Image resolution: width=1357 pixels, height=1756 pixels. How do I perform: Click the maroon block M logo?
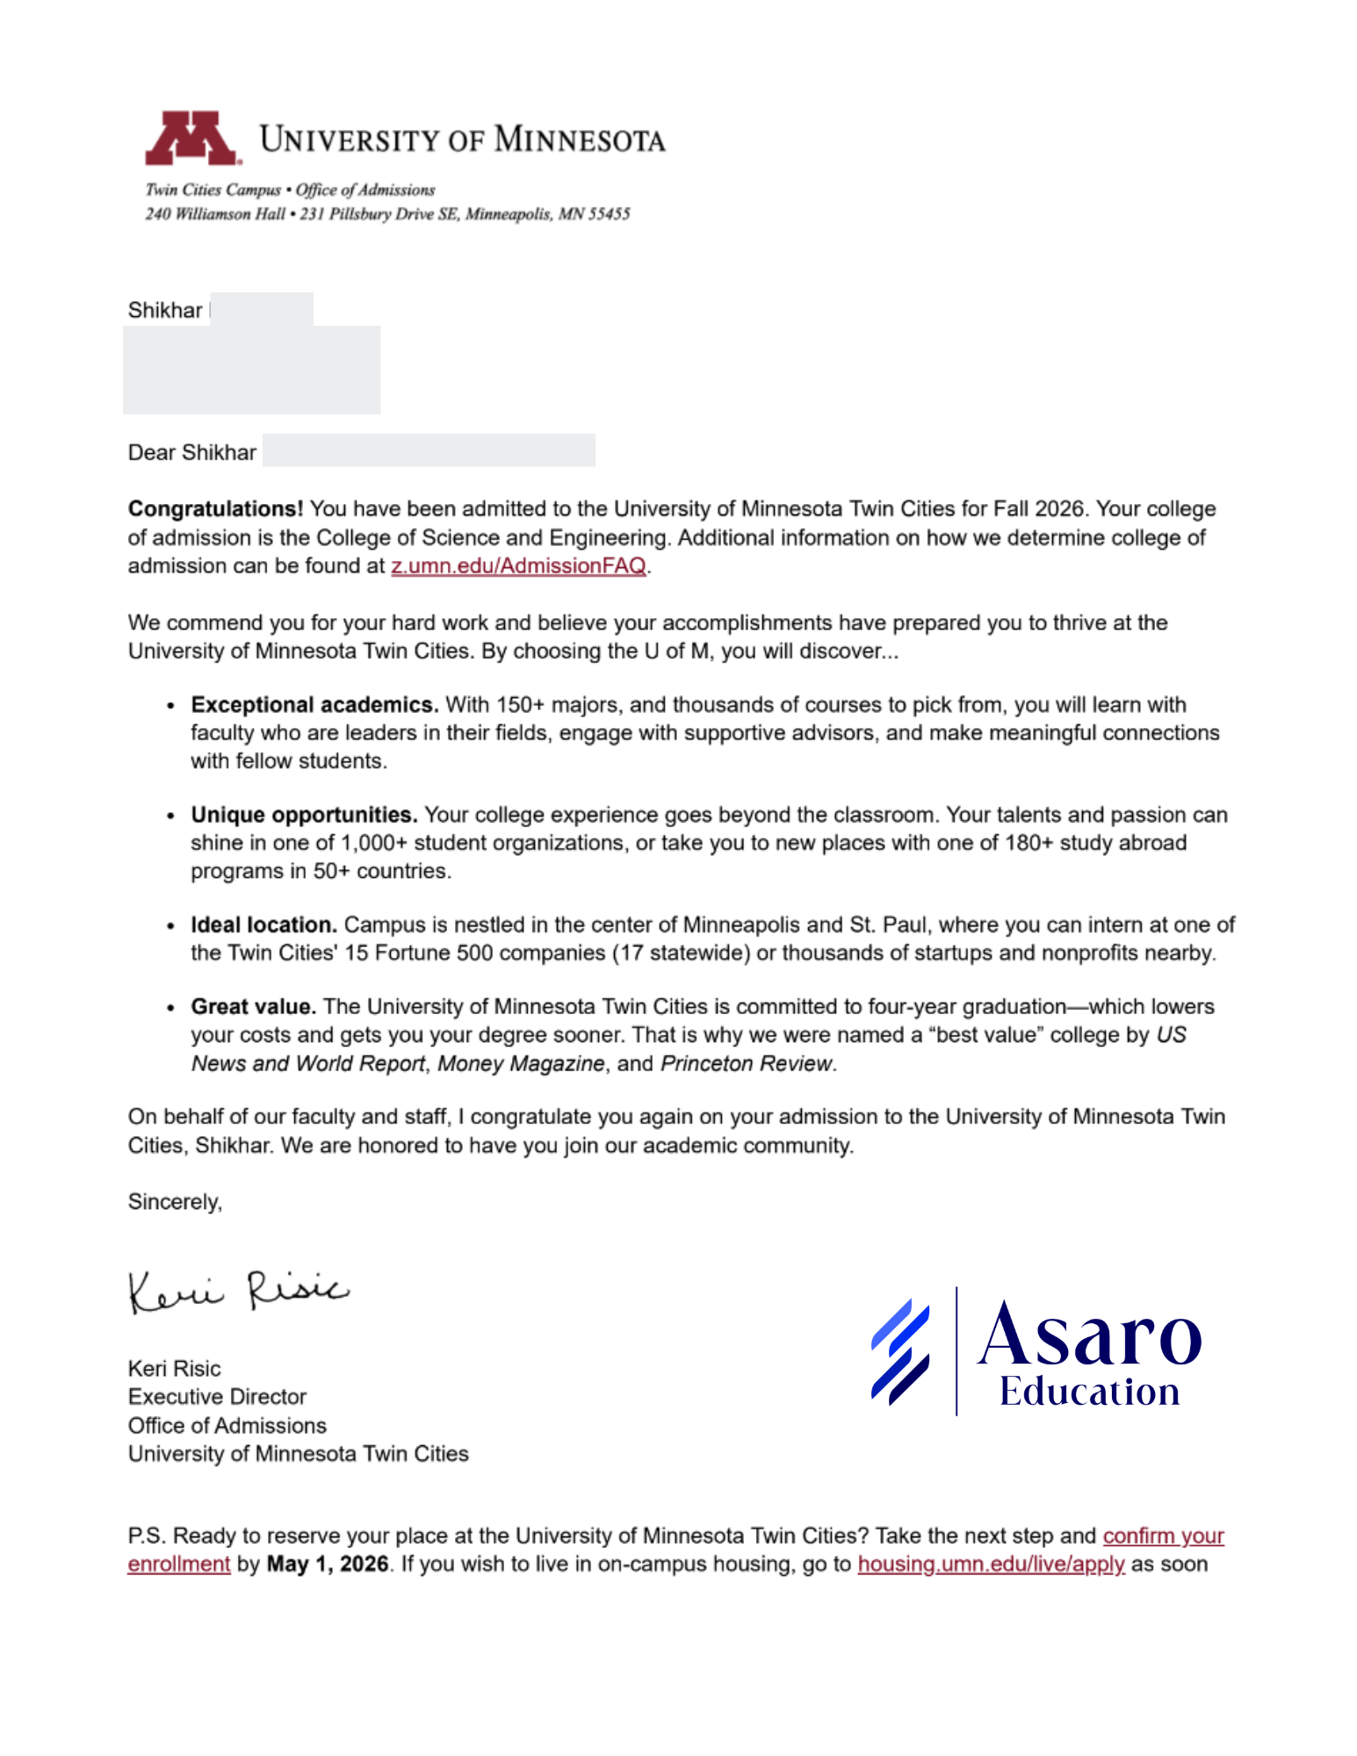[x=191, y=139]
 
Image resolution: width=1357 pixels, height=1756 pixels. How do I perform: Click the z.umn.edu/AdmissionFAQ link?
[x=518, y=566]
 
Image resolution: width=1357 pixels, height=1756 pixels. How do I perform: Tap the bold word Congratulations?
[x=215, y=509]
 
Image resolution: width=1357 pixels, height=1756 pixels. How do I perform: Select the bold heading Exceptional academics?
[x=314, y=705]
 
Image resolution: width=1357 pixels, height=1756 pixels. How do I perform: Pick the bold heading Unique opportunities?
[x=303, y=815]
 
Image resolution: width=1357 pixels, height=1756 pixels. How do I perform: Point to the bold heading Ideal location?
[x=263, y=925]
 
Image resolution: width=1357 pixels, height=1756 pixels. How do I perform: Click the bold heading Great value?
[x=253, y=1007]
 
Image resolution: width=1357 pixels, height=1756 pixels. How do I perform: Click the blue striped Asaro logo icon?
[x=900, y=1352]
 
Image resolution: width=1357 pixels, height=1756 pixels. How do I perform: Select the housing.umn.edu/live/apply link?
[x=991, y=1565]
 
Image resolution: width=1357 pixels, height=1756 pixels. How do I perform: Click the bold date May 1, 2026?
[x=327, y=1565]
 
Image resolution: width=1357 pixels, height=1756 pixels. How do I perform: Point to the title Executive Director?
[x=217, y=1397]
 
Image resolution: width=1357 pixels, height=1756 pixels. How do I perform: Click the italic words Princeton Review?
[x=746, y=1064]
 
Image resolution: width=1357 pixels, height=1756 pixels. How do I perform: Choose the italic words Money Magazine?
[x=521, y=1064]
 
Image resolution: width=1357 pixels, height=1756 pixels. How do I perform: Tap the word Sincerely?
[x=174, y=1202]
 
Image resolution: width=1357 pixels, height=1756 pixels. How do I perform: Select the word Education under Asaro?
[x=1089, y=1393]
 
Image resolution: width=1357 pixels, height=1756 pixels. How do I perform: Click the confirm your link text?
[x=1163, y=1536]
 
